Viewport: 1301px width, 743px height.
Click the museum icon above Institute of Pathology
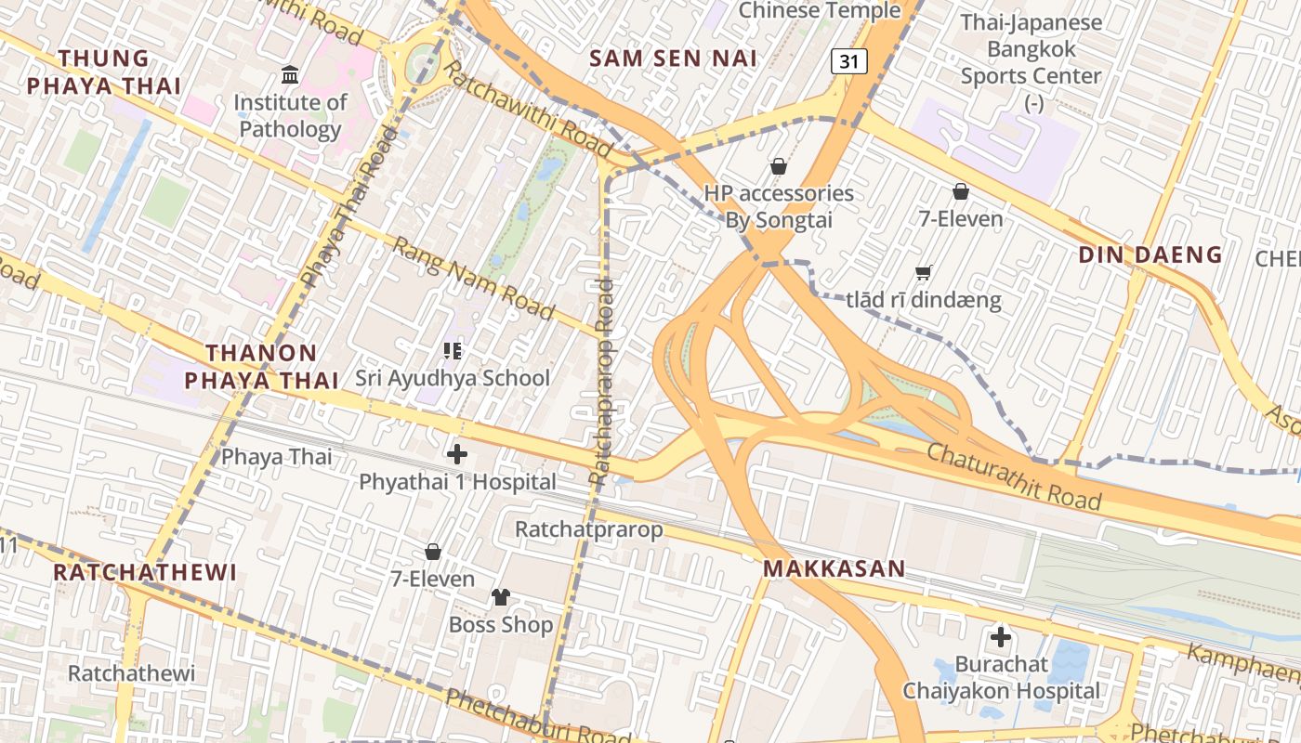[x=290, y=73]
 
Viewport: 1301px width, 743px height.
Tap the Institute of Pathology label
[x=290, y=115]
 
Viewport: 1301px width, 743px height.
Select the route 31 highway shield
[x=848, y=61]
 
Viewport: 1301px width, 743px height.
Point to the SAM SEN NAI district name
[x=673, y=58]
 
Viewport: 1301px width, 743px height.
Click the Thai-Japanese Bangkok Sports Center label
[x=1032, y=49]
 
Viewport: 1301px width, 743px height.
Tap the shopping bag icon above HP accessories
[x=779, y=166]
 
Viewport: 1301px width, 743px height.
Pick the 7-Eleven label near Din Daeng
[x=961, y=219]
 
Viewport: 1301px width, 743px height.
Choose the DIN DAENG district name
[x=1150, y=254]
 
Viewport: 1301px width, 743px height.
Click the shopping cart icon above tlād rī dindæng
[x=923, y=272]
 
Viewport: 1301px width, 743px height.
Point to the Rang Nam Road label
[x=473, y=277]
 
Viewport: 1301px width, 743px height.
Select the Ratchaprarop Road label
[x=601, y=381]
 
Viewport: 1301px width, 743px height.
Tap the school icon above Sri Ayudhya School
[x=453, y=351]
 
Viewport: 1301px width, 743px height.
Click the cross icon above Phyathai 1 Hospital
[x=457, y=454]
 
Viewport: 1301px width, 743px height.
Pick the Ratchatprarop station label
[x=589, y=529]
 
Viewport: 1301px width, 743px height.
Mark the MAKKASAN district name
[x=834, y=568]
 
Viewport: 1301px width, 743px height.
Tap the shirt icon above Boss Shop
[x=501, y=596]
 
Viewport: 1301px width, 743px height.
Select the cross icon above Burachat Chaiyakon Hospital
[x=1001, y=637]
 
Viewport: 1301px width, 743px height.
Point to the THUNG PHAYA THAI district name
[x=103, y=72]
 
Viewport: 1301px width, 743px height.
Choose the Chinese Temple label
[x=820, y=11]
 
